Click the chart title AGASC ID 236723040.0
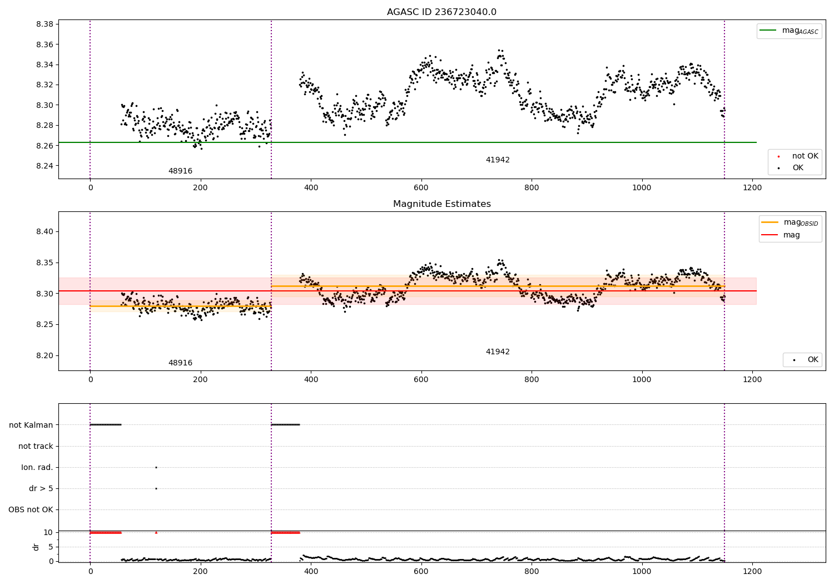click(x=441, y=12)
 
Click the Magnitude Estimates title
click(x=441, y=204)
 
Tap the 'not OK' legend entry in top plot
click(x=805, y=156)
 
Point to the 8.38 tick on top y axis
click(x=44, y=24)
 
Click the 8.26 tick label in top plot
click(x=44, y=146)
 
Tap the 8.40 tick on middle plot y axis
click(x=44, y=232)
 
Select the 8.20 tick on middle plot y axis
click(x=44, y=356)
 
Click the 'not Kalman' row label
click(x=31, y=425)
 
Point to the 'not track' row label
click(x=36, y=446)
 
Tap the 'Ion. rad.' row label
click(x=37, y=467)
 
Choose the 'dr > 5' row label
click(x=41, y=488)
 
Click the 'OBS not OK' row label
click(x=31, y=509)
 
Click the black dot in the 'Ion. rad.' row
click(x=156, y=467)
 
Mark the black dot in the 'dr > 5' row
click(x=156, y=488)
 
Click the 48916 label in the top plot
click(x=180, y=171)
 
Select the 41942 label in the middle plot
click(x=498, y=352)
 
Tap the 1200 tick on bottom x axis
click(x=752, y=571)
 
